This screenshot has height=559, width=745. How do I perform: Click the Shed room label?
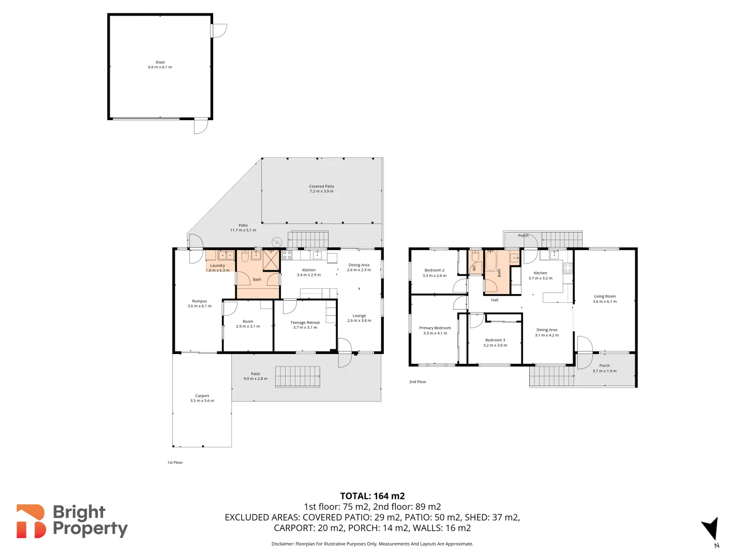point(160,62)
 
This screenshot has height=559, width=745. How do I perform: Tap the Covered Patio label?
point(321,186)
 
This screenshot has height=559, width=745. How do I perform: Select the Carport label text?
point(202,396)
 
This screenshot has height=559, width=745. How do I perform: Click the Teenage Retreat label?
point(305,322)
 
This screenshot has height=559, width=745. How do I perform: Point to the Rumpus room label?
point(199,301)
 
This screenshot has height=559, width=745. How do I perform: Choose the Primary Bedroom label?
point(435,328)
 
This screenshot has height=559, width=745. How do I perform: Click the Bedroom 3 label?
point(495,340)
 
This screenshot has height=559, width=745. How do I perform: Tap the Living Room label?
point(604,297)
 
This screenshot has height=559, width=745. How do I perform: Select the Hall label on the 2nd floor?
point(495,300)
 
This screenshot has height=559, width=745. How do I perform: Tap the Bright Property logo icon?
point(31,521)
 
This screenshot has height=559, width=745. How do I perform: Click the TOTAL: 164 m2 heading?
point(372,496)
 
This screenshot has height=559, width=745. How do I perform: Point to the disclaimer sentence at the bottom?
point(372,544)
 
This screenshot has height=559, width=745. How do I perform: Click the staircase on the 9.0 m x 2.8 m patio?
point(297,376)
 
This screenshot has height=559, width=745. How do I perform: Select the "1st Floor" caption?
point(175,463)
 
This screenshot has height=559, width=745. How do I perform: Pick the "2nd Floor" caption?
point(418,382)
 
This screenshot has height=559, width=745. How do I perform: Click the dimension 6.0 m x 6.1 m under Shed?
point(160,67)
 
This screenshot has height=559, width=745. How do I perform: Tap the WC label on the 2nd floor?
point(474,268)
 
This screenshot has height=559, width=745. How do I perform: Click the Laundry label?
point(217,266)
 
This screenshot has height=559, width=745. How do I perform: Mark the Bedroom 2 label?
point(434,270)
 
